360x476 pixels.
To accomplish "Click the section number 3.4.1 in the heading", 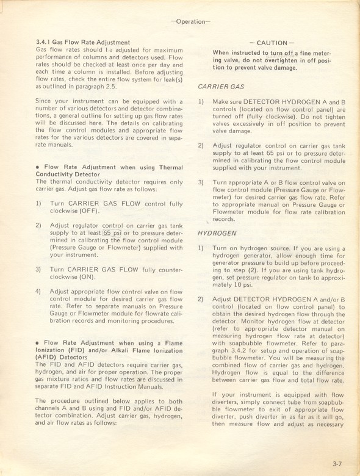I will [x=46, y=41].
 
